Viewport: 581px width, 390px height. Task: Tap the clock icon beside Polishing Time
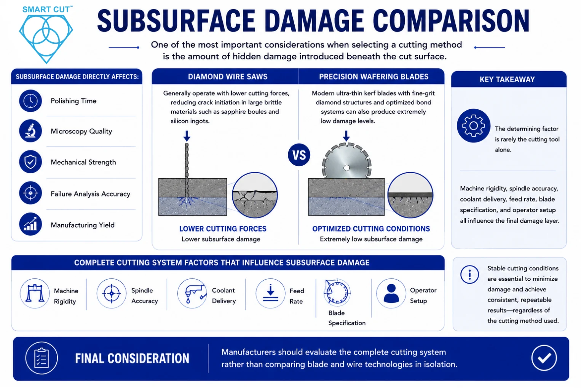(x=30, y=101)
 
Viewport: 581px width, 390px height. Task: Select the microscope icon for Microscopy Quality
(x=30, y=131)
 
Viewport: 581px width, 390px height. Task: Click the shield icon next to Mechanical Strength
(x=30, y=161)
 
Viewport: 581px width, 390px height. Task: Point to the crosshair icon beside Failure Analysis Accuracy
(x=30, y=193)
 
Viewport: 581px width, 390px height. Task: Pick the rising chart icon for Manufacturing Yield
(x=30, y=224)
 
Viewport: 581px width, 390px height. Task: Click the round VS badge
(x=299, y=155)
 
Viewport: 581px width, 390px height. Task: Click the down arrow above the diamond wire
(x=187, y=136)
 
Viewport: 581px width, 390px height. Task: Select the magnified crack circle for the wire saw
(x=255, y=195)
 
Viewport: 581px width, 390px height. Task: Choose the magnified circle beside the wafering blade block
(x=410, y=195)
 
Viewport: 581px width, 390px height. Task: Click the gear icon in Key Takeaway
(x=474, y=126)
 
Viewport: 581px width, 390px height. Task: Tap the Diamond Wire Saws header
(x=227, y=77)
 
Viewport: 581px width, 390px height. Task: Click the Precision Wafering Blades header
(x=374, y=77)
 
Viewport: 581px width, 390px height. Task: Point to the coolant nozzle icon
(x=192, y=293)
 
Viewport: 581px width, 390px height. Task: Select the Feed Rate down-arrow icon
(x=271, y=293)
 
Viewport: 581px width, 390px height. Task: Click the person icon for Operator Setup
(x=391, y=293)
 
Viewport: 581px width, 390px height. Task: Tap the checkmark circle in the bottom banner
(x=544, y=358)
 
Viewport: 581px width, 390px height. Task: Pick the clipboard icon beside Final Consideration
(x=41, y=358)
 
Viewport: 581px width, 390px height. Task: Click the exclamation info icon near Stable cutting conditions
(x=469, y=275)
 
